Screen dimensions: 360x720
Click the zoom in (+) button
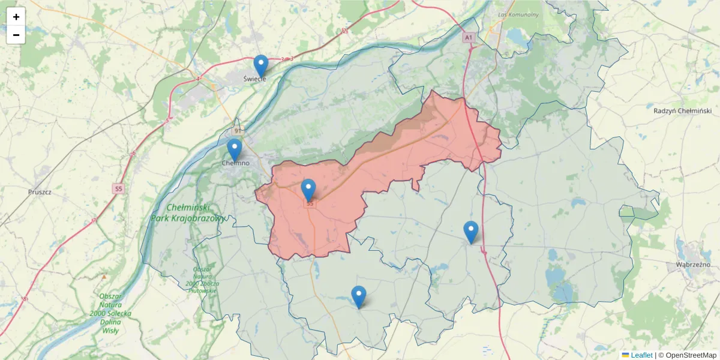pos(16,17)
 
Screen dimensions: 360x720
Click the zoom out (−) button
pos(16,35)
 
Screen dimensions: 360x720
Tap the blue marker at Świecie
pos(260,65)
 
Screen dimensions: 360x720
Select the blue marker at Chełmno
pos(234,149)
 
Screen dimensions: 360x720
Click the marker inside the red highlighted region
pos(308,190)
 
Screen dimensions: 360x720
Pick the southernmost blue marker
pos(358,296)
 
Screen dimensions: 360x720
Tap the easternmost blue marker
pos(471,232)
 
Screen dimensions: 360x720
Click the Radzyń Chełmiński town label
pos(682,110)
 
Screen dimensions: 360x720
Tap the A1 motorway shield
pos(468,37)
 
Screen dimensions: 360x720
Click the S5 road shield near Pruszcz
pos(118,189)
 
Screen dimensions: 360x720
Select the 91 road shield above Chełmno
pos(238,130)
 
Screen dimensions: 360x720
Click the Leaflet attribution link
pos(641,355)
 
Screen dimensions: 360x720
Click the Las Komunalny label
pos(518,14)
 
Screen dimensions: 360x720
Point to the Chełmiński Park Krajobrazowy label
pos(188,212)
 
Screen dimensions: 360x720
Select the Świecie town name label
pos(254,79)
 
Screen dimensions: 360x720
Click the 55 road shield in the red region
pos(310,203)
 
